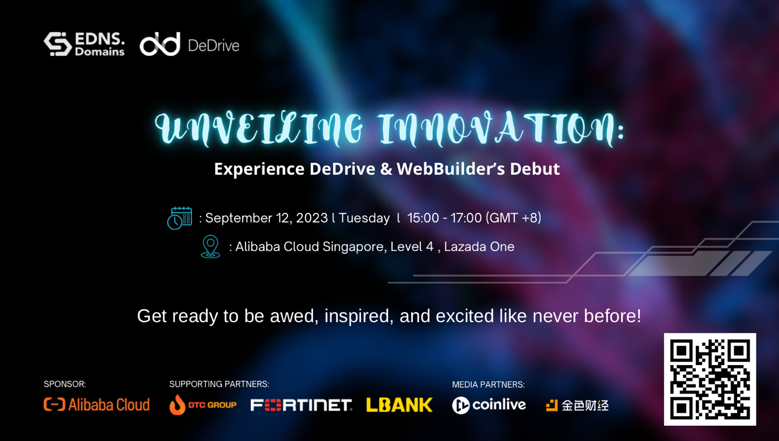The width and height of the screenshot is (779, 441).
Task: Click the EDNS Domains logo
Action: [84, 44]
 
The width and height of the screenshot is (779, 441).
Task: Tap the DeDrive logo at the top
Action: [190, 44]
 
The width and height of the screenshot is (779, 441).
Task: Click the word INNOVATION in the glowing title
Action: [501, 128]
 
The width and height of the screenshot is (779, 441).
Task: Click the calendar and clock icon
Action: [180, 219]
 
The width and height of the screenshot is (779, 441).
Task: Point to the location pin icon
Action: [210, 246]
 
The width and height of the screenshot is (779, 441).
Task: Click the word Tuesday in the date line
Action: [364, 219]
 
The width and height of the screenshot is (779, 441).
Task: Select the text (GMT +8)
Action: [513, 218]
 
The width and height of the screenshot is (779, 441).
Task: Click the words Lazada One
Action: [479, 246]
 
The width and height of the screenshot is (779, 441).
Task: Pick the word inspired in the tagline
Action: [359, 316]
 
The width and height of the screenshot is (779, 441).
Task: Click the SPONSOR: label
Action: [64, 384]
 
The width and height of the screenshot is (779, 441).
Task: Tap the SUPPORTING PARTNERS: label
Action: [219, 384]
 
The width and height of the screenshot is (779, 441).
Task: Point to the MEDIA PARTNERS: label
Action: [488, 384]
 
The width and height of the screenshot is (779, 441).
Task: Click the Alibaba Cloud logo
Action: [97, 405]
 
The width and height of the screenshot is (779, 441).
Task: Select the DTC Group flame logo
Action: [203, 405]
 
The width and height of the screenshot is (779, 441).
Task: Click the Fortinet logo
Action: [301, 405]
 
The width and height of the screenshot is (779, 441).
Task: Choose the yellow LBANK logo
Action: [399, 405]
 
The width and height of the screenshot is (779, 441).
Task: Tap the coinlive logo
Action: [489, 405]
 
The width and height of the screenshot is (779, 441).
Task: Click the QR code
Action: [710, 379]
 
